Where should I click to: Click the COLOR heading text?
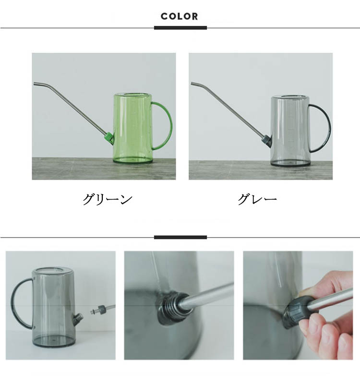click(179, 16)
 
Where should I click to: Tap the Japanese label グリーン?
click(108, 199)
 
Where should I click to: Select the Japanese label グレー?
click(257, 199)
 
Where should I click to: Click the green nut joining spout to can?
click(109, 138)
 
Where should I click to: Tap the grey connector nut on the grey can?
click(266, 141)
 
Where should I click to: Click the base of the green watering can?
click(132, 160)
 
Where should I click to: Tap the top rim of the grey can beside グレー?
click(289, 97)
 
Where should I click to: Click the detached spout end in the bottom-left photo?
click(102, 309)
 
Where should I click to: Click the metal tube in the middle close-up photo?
click(207, 296)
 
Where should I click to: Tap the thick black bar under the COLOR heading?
click(180, 28)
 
